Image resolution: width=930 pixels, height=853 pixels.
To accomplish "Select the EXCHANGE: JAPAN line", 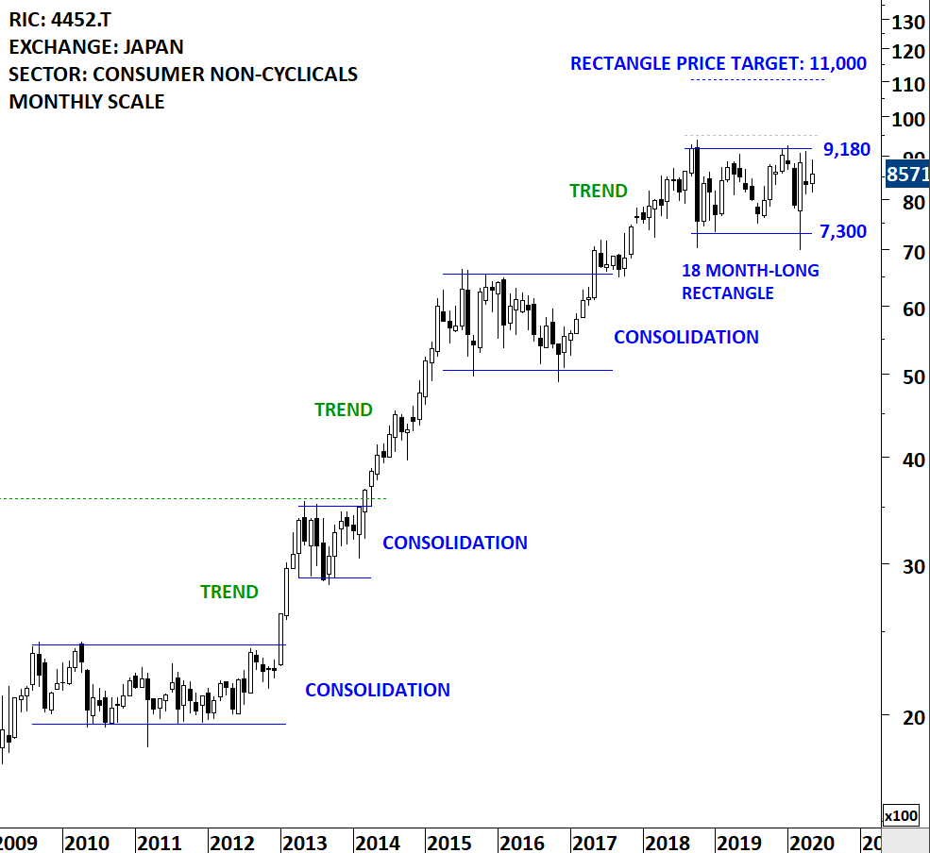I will pyautogui.click(x=96, y=46).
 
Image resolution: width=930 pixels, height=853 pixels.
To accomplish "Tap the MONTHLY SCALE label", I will pyautogui.click(x=87, y=102).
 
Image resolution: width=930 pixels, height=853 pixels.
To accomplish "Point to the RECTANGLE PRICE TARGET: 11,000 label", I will pyautogui.click(x=718, y=64).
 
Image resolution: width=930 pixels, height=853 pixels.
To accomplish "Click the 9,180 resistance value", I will pyautogui.click(x=846, y=149).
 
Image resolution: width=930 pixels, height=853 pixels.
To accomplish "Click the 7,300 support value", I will pyautogui.click(x=842, y=231).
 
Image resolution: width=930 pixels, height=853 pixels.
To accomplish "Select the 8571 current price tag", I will pyautogui.click(x=906, y=175).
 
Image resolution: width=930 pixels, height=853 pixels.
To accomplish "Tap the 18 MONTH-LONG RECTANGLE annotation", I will pyautogui.click(x=750, y=282).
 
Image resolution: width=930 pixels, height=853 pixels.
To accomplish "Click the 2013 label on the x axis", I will pyautogui.click(x=300, y=843).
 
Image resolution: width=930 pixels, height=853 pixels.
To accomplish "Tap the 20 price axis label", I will pyautogui.click(x=904, y=717).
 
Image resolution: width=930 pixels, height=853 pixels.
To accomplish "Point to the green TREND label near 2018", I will pyautogui.click(x=599, y=191).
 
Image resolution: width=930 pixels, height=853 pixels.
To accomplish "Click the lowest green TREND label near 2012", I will pyautogui.click(x=228, y=592).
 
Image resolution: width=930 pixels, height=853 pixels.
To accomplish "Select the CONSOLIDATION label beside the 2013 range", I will pyautogui.click(x=454, y=543).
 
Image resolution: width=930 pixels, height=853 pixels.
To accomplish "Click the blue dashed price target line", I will pyautogui.click(x=757, y=80).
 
